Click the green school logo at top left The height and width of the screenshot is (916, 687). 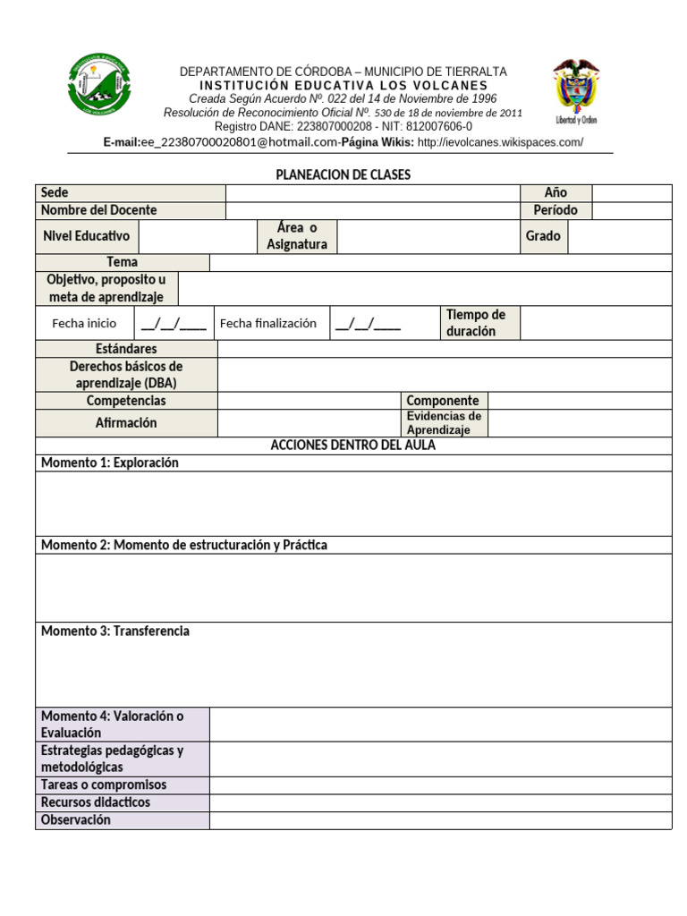click(x=99, y=84)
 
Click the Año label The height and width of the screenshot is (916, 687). click(x=556, y=193)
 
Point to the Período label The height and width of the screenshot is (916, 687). click(x=556, y=210)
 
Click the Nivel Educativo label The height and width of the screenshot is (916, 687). click(x=86, y=236)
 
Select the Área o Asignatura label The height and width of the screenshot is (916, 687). click(x=297, y=236)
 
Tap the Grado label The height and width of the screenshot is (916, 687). click(x=544, y=236)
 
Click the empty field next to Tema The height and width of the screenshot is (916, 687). click(x=440, y=262)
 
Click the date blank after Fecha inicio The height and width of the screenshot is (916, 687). click(x=174, y=324)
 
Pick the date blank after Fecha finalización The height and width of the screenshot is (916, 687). click(x=368, y=324)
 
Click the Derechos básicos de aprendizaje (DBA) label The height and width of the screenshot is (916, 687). click(x=126, y=375)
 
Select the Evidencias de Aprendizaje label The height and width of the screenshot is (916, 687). click(x=444, y=423)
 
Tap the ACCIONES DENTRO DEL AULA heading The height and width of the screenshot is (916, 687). click(x=353, y=445)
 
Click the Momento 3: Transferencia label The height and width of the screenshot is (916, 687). click(x=115, y=632)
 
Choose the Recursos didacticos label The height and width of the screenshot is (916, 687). click(x=96, y=802)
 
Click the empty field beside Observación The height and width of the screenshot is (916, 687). click(x=440, y=820)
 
